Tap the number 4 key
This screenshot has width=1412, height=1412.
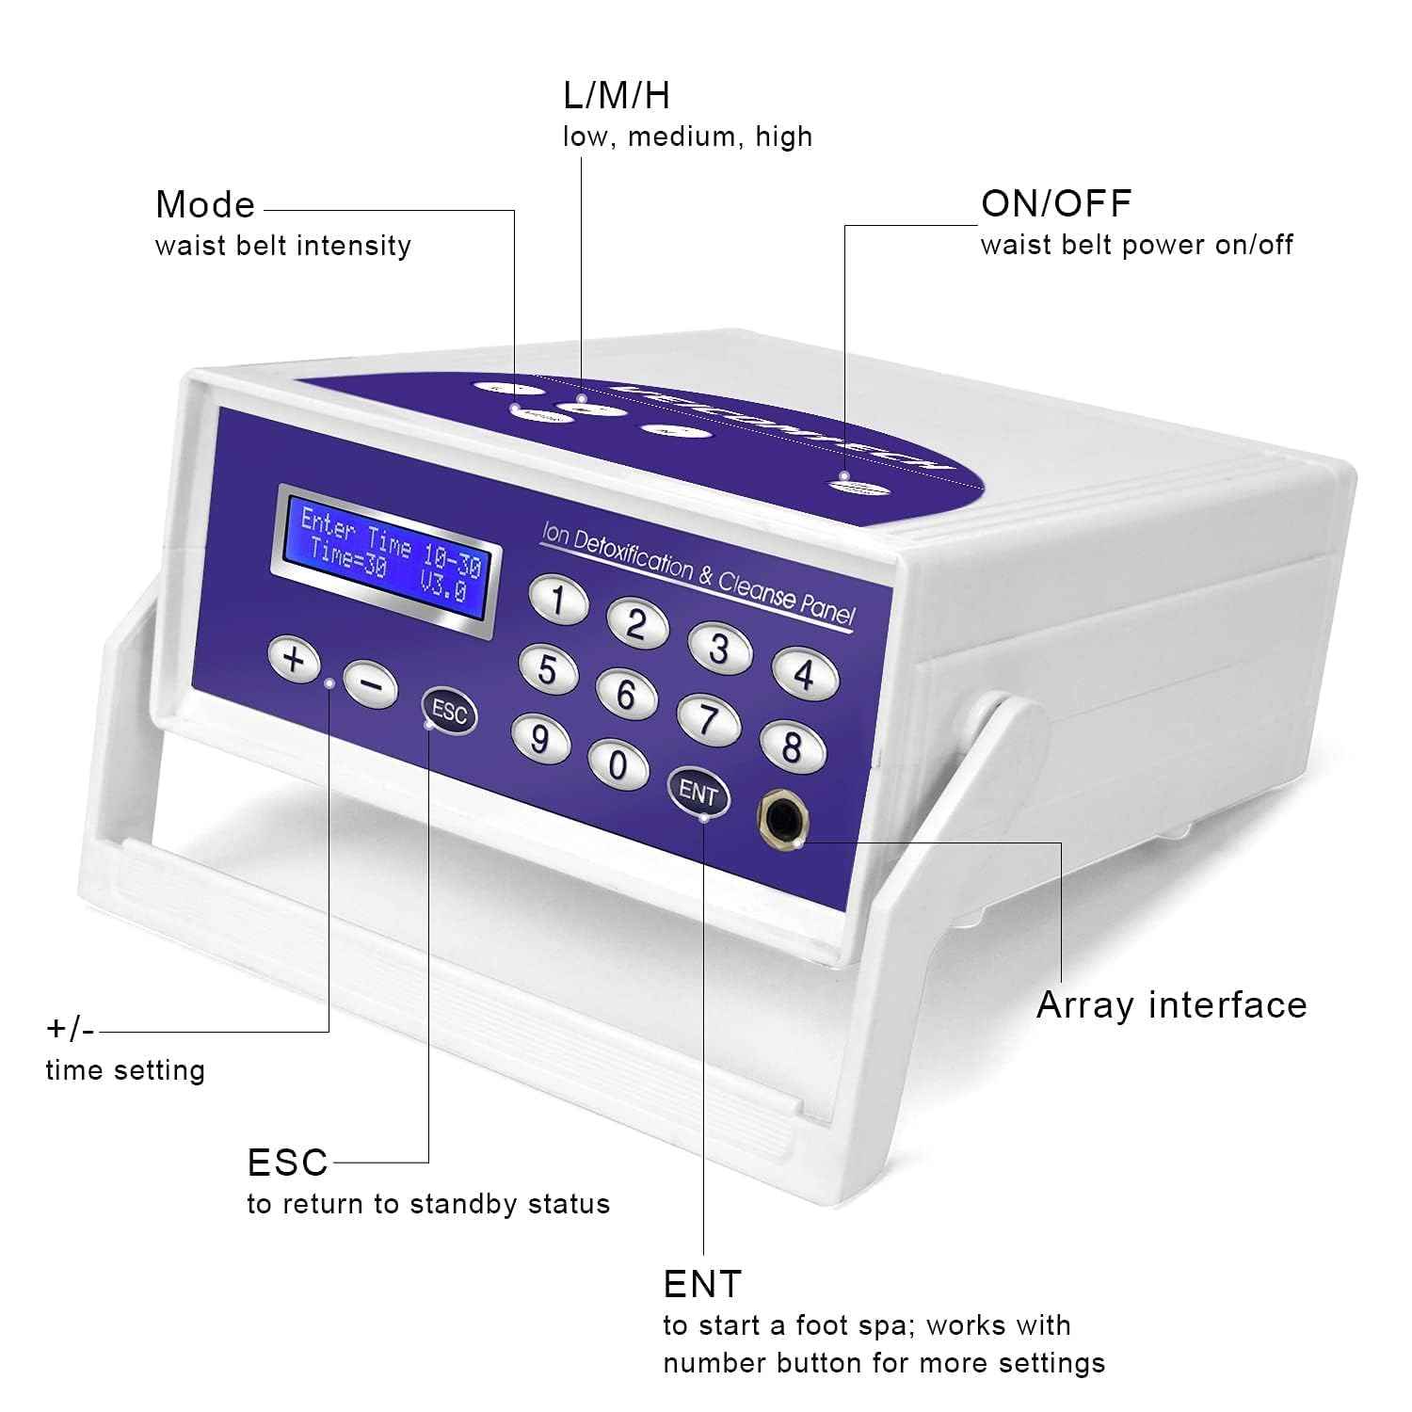[805, 673]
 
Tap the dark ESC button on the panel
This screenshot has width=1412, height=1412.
[449, 713]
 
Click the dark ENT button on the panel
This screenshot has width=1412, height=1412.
[698, 792]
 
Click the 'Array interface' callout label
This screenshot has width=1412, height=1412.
[1171, 1005]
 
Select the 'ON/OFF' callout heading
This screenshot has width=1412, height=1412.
[1056, 203]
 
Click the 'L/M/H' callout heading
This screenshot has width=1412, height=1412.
[617, 95]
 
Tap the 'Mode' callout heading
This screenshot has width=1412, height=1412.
[205, 204]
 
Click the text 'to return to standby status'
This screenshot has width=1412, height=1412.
[428, 1204]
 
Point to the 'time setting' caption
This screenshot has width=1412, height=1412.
[125, 1070]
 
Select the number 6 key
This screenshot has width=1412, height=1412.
[626, 695]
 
